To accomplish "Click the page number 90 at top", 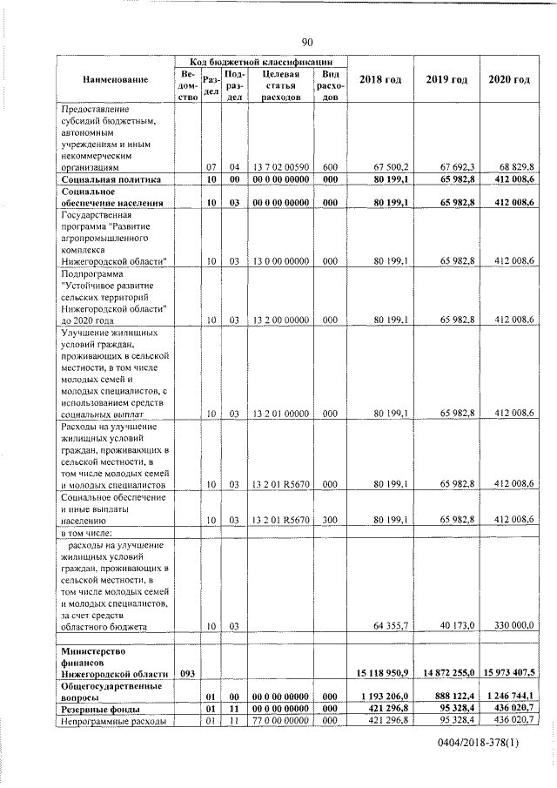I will pyautogui.click(x=307, y=42).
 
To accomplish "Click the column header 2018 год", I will pyautogui.click(x=379, y=80).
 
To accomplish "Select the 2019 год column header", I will pyautogui.click(x=446, y=80).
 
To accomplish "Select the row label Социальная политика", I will pyautogui.click(x=111, y=179).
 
